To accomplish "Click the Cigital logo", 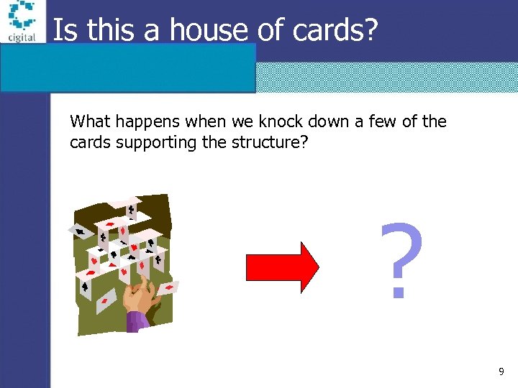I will pos(22,22).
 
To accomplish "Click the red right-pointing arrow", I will pos(282,267).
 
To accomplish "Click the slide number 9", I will pos(501,371).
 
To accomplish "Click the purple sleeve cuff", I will pos(137,320).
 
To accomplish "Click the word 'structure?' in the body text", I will pos(273,142).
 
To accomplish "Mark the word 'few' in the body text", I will pos(381,121).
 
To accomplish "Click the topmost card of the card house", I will pos(132,209).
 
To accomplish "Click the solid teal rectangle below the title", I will pos(128,68).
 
